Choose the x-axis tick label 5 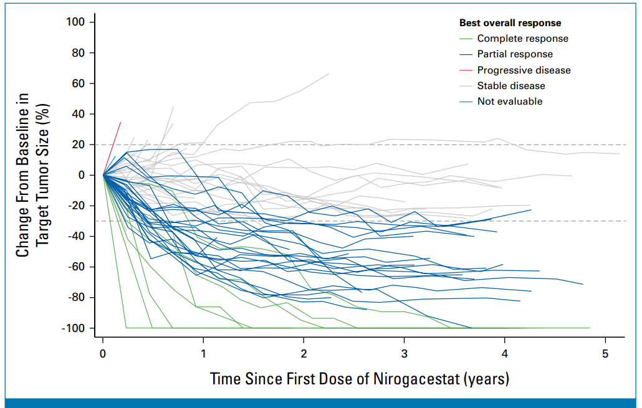coord(605,353)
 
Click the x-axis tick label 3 coord(405,353)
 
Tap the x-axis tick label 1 coord(203,353)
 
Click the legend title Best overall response coord(510,23)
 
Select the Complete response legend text coord(522,39)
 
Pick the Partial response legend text coord(515,54)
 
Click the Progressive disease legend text coord(524,70)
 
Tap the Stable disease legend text coord(511,85)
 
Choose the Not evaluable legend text coord(510,101)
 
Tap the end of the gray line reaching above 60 coord(328,74)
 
